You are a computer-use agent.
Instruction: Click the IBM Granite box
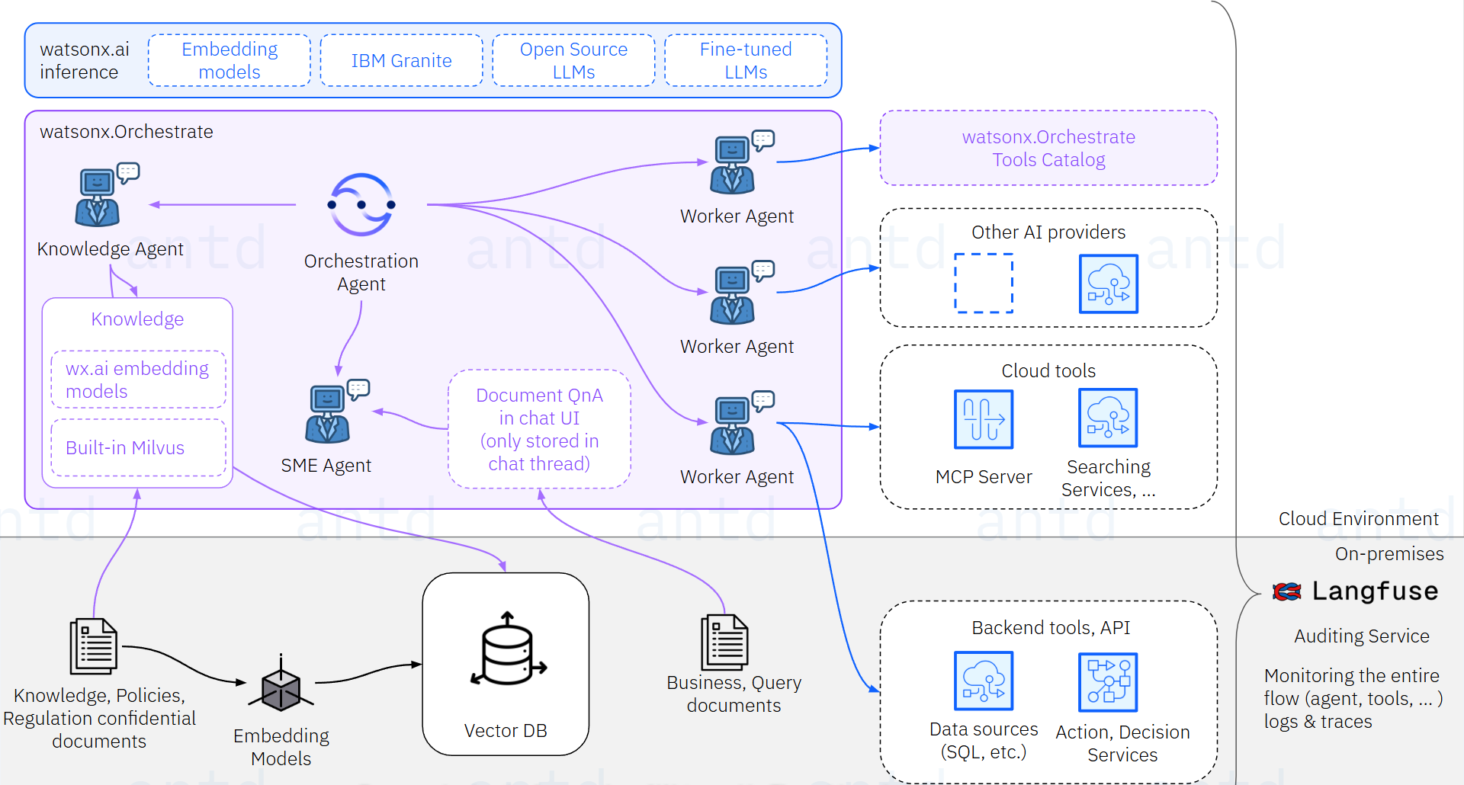tap(401, 60)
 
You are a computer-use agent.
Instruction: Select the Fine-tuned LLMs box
tap(745, 60)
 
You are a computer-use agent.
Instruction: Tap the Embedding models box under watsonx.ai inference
tap(229, 60)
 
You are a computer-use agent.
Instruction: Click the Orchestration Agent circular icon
tap(361, 204)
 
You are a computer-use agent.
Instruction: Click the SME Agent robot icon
tap(329, 414)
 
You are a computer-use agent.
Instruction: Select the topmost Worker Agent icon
tap(734, 165)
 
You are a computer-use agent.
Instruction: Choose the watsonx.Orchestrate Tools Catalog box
tap(1048, 148)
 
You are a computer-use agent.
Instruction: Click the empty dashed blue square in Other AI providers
tap(984, 283)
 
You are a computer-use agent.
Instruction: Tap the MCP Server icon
tap(984, 419)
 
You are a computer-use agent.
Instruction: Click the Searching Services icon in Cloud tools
tap(1108, 418)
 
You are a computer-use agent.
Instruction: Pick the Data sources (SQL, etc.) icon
tap(984, 681)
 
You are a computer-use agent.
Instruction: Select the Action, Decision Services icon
tap(1108, 682)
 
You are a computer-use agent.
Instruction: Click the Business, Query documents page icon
tap(724, 642)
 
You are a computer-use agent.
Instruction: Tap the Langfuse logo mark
tap(1287, 591)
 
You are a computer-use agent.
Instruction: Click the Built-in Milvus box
tap(138, 447)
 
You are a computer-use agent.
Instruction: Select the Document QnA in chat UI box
tap(539, 429)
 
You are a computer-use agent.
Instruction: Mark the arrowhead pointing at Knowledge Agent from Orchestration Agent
tap(154, 204)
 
